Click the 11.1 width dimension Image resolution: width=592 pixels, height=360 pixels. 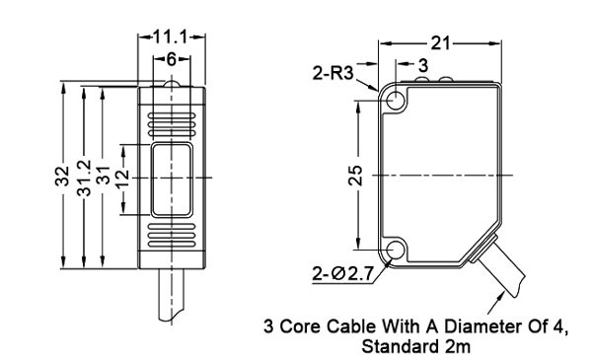[171, 36]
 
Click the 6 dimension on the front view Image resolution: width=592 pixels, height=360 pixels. [171, 59]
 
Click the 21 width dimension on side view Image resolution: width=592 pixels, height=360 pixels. [443, 41]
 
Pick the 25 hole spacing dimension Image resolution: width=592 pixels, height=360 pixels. [358, 175]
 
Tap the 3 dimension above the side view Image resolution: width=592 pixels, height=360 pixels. [422, 65]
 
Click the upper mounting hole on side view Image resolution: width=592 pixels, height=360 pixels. [398, 101]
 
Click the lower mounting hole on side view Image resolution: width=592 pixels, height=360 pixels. [398, 250]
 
